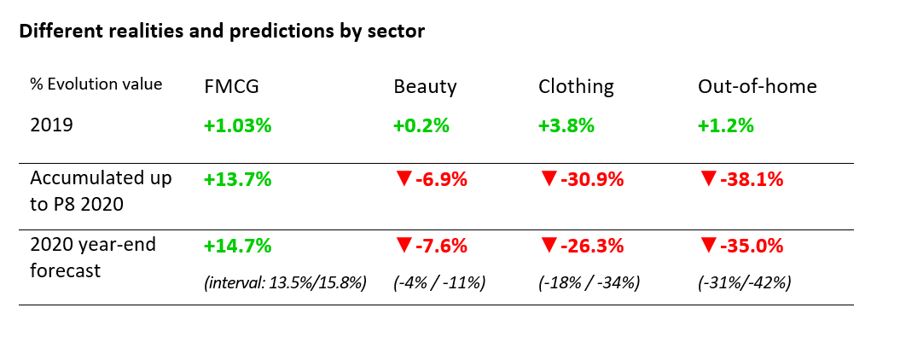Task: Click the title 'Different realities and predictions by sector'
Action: click(222, 32)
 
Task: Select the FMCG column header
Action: click(231, 86)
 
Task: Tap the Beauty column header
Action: click(425, 86)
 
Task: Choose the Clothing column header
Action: click(576, 86)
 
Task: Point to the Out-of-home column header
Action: click(758, 86)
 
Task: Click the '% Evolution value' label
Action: click(96, 84)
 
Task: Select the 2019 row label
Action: click(52, 125)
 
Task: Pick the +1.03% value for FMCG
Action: click(237, 126)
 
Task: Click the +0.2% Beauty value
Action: click(421, 126)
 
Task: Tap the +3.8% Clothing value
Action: click(566, 126)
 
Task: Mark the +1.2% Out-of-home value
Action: click(726, 126)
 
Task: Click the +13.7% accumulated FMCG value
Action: click(237, 179)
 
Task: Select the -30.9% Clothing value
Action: click(592, 180)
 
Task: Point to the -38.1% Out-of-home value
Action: click(752, 180)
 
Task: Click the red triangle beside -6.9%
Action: click(404, 179)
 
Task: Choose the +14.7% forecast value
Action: click(237, 247)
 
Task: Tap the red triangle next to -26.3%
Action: click(549, 246)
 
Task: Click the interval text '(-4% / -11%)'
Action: click(439, 282)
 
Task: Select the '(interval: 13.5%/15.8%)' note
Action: click(285, 282)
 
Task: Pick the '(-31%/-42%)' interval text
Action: click(744, 282)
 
